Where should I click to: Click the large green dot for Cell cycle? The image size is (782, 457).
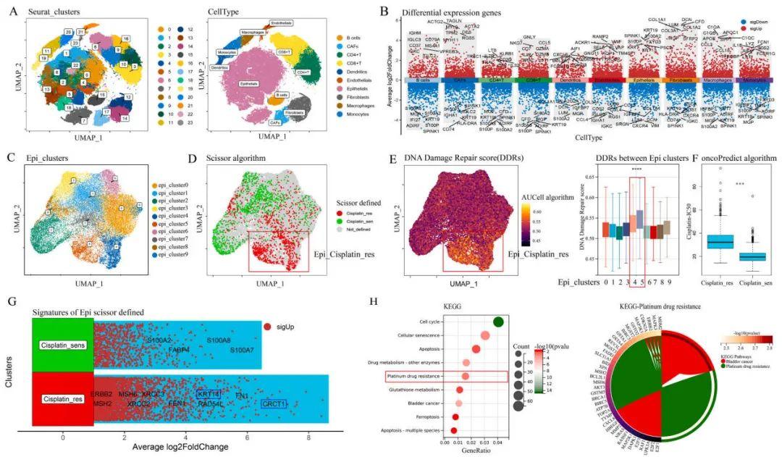498,323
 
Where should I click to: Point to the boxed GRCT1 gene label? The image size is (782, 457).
274,403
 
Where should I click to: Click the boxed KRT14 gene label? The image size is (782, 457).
209,393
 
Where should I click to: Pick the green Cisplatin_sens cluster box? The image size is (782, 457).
63,345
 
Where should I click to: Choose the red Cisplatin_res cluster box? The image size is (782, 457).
63,399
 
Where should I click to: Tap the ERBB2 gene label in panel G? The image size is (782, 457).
101,393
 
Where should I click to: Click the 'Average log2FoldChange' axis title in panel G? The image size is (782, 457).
181,447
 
